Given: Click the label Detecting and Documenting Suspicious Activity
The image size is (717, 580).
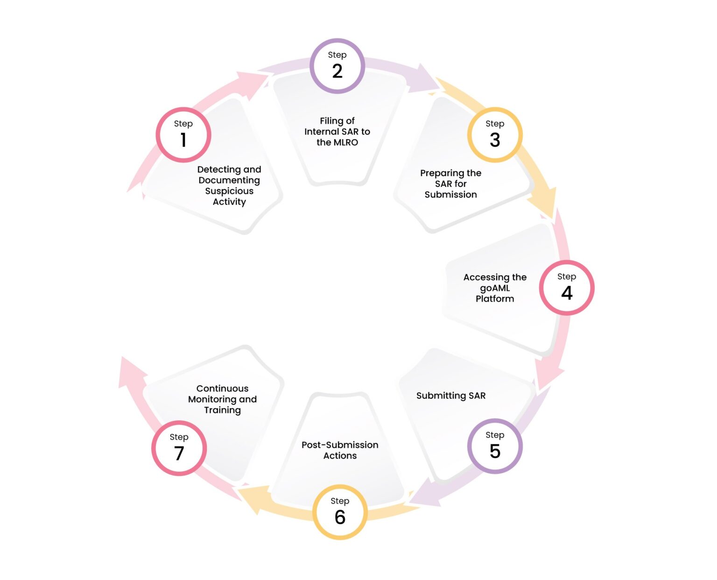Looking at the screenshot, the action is (229, 185).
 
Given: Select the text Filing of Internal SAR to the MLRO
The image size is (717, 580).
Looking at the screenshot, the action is (337, 131).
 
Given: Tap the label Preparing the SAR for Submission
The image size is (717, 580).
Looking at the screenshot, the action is (450, 184).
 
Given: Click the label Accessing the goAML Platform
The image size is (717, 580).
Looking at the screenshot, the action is (494, 288).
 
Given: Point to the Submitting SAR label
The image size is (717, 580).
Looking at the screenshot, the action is (451, 396).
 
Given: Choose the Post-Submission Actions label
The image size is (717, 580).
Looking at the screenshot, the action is (340, 450).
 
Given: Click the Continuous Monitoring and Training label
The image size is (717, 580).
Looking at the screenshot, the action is (222, 399).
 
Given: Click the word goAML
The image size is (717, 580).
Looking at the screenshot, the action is (494, 288).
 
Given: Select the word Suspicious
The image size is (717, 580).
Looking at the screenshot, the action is (229, 191).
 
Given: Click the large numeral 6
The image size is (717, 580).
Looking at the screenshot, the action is (340, 517).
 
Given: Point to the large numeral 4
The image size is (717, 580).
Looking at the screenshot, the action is (567, 293).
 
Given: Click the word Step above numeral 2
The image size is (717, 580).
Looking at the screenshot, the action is (337, 55).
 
